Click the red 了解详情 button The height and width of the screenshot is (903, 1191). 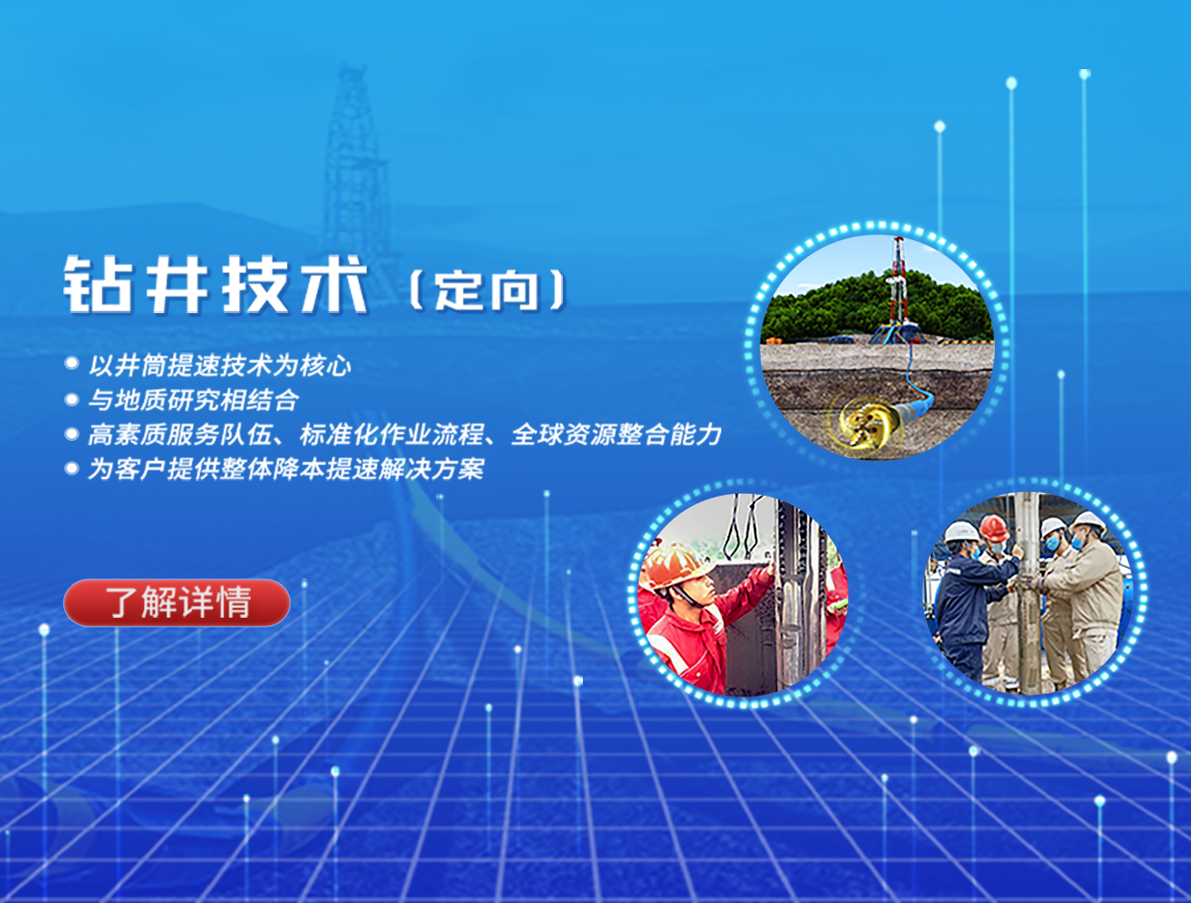(177, 602)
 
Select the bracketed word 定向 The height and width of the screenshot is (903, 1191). (487, 290)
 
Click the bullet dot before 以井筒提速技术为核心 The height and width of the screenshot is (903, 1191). (72, 362)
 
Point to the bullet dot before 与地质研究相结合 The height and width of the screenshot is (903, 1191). (72, 400)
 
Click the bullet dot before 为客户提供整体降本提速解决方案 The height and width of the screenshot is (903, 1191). (72, 468)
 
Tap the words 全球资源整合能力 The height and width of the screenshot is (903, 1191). (617, 434)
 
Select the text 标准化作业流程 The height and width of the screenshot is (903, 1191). (392, 434)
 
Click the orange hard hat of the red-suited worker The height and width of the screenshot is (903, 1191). (674, 566)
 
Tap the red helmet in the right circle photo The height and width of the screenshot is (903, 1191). (993, 528)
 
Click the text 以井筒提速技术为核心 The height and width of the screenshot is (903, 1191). (220, 366)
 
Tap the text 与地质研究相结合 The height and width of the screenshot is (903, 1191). (194, 400)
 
